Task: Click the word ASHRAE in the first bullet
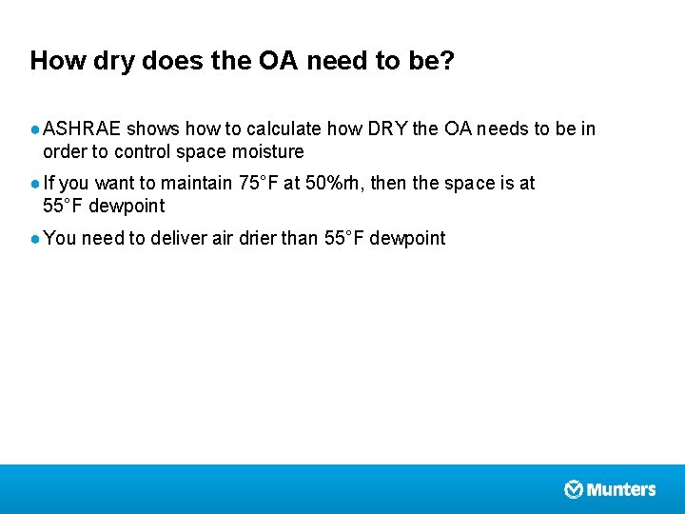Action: pyautogui.click(x=82, y=128)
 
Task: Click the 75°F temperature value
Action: pyautogui.click(x=258, y=183)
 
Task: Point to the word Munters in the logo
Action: pyautogui.click(x=621, y=489)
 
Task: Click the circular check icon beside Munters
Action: pyautogui.click(x=574, y=489)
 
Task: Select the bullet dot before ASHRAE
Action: pyautogui.click(x=35, y=129)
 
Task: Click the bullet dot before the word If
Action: pyautogui.click(x=35, y=184)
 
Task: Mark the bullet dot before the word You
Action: pyautogui.click(x=35, y=239)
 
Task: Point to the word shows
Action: pyautogui.click(x=153, y=128)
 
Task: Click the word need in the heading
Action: pyautogui.click(x=338, y=62)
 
